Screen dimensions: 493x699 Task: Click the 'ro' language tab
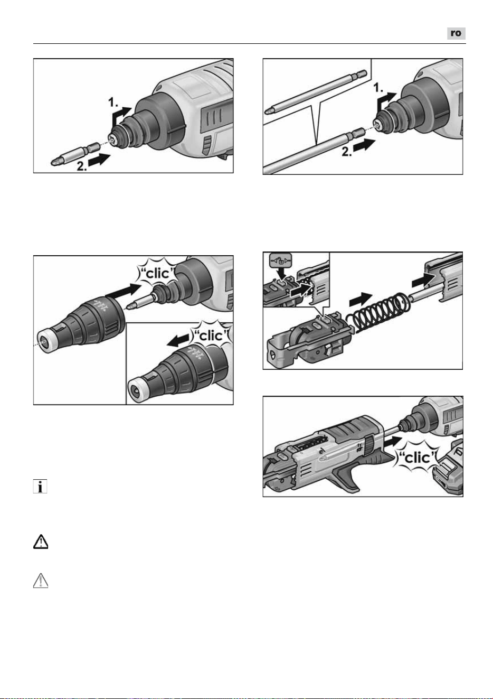pos(456,33)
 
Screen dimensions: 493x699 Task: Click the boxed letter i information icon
pos(40,486)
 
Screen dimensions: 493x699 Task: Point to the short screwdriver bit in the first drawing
pos(75,154)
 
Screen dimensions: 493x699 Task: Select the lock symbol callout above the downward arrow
pos(280,259)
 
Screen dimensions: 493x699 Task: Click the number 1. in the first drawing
pos(113,102)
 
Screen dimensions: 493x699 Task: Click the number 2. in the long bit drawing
pos(347,152)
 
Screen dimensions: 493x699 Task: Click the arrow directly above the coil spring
pos(361,299)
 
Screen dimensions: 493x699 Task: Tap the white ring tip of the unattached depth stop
pos(47,341)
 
